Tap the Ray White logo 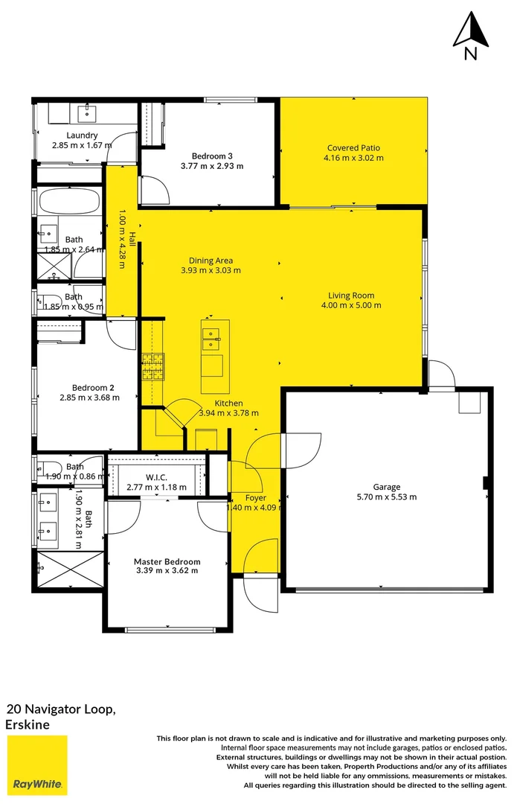(x=37, y=765)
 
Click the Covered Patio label (x=353, y=147)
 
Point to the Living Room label (x=351, y=295)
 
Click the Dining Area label (x=211, y=261)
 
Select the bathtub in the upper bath (x=70, y=201)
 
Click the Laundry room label (x=82, y=135)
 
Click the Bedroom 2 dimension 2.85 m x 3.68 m (x=89, y=398)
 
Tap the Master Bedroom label (x=167, y=561)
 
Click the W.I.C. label (x=156, y=477)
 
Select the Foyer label (x=255, y=497)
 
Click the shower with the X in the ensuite (x=70, y=570)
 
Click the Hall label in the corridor (x=132, y=238)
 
